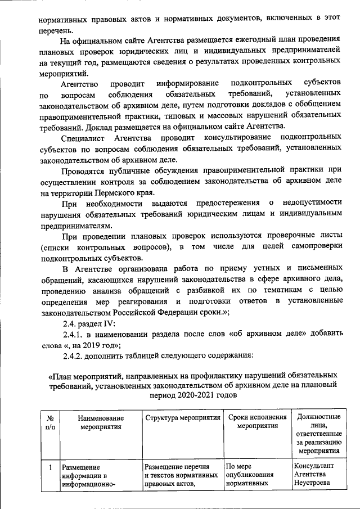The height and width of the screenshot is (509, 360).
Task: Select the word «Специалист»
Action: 84,137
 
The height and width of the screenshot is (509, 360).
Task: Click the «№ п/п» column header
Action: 49,423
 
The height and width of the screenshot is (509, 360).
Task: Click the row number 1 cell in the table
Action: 49,467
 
